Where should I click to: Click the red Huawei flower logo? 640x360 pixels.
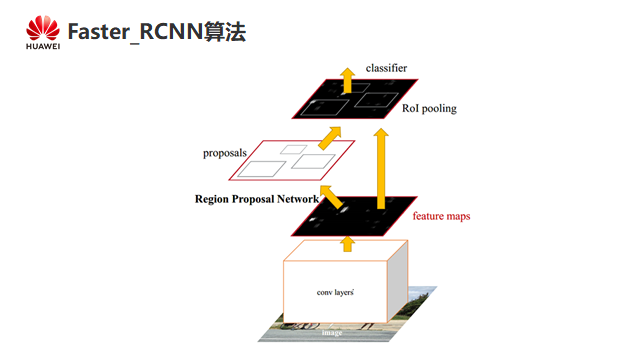[x=43, y=28]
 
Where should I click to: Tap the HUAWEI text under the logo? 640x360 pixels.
[x=43, y=47]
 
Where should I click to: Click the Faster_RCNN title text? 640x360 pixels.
[x=135, y=32]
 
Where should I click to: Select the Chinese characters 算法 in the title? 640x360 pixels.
[x=225, y=32]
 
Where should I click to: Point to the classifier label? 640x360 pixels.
[x=386, y=68]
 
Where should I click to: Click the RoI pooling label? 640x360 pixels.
[x=429, y=109]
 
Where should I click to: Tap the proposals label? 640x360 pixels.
[x=225, y=153]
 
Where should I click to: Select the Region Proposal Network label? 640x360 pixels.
[x=257, y=199]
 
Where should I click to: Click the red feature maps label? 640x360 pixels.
[x=441, y=216]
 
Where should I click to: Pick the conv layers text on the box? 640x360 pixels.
[x=335, y=292]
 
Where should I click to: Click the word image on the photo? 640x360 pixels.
[x=332, y=333]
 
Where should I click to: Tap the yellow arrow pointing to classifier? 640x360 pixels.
[x=347, y=80]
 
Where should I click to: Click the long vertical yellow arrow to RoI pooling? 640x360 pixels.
[x=381, y=169]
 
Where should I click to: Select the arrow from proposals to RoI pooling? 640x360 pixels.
[x=330, y=138]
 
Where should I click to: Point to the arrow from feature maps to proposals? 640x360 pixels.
[x=331, y=197]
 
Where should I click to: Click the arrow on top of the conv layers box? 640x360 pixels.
[x=347, y=244]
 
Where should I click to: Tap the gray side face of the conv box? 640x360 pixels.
[x=397, y=281]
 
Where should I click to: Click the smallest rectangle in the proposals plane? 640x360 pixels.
[x=293, y=149]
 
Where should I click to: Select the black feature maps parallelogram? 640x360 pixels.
[x=354, y=216]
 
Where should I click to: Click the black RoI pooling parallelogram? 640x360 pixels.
[x=355, y=99]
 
